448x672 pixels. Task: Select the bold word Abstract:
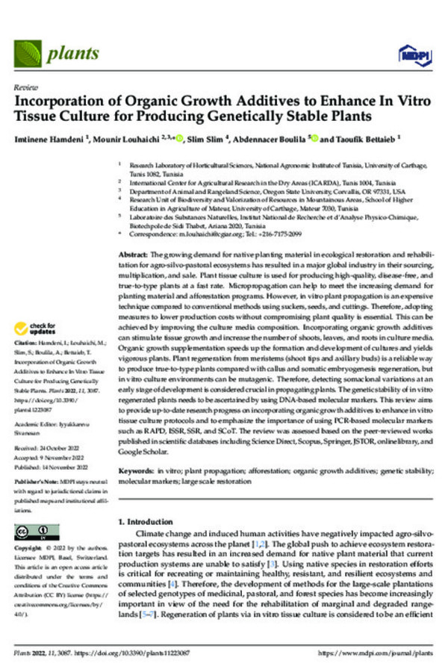136,255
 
